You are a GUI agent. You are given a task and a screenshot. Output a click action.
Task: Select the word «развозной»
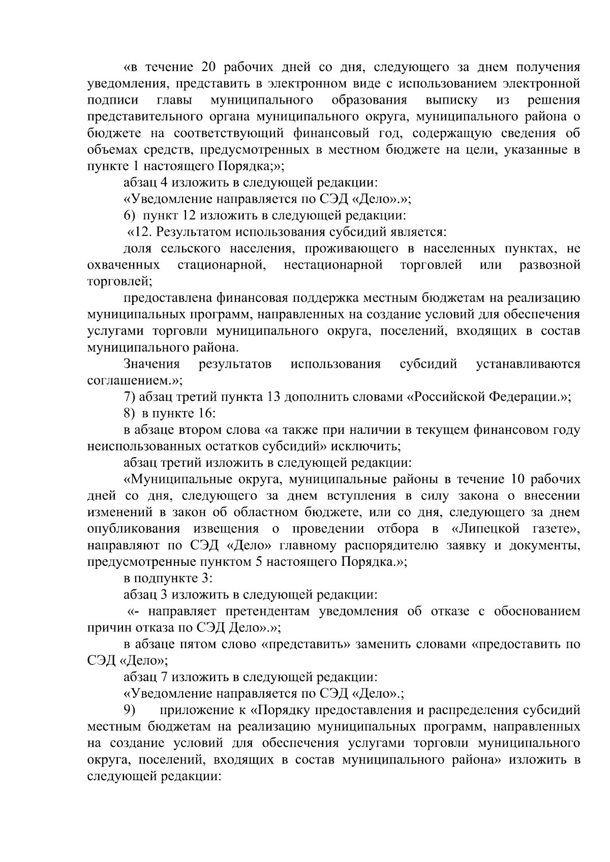550,265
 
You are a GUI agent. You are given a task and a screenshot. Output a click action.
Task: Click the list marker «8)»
130,413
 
